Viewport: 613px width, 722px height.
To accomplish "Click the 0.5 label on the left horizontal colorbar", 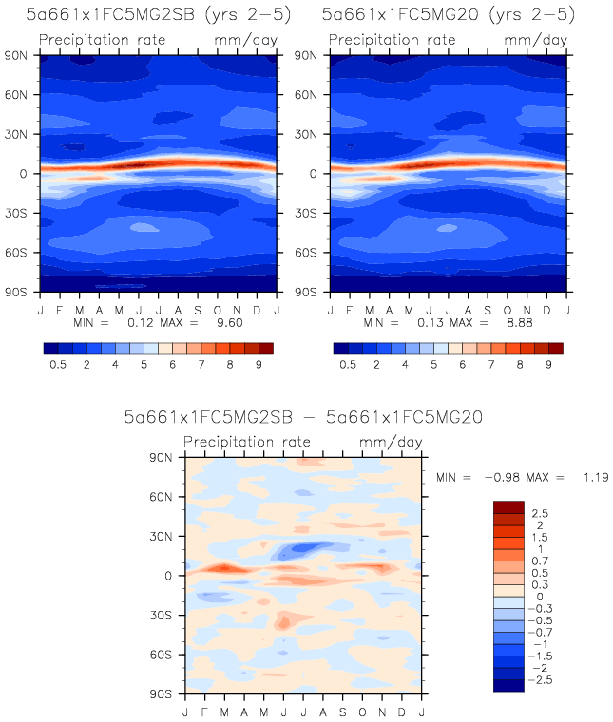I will [x=57, y=364].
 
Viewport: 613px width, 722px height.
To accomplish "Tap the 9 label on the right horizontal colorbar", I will [x=548, y=364].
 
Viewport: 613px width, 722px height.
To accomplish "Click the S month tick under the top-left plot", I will [x=198, y=309].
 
